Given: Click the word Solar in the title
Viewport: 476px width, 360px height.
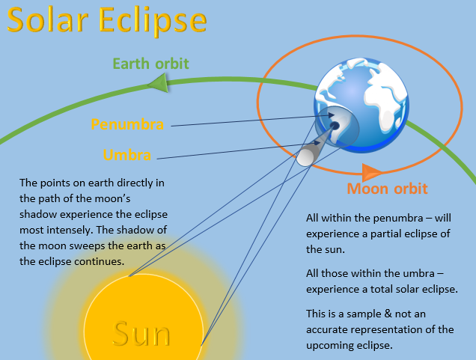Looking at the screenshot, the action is click(x=47, y=20).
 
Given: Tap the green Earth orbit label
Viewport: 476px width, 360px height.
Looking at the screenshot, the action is click(x=151, y=64).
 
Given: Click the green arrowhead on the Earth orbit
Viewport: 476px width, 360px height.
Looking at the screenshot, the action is click(x=158, y=83).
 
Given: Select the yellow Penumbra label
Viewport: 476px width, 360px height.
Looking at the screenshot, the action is click(x=127, y=124).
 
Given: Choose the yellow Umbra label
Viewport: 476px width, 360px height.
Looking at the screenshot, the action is click(x=127, y=155).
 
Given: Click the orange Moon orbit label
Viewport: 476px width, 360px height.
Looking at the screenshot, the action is click(x=387, y=189).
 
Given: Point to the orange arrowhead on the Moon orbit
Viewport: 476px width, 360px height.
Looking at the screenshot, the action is click(x=371, y=172).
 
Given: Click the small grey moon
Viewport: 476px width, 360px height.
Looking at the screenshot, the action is click(x=306, y=157).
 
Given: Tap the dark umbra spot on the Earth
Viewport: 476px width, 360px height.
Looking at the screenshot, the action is click(x=335, y=125).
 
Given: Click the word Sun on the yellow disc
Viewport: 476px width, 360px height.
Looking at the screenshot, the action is click(x=141, y=333).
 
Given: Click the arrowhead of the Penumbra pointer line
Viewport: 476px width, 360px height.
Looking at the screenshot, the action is click(x=332, y=115).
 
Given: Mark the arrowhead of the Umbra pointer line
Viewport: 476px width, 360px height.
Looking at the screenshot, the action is click(x=317, y=143).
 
